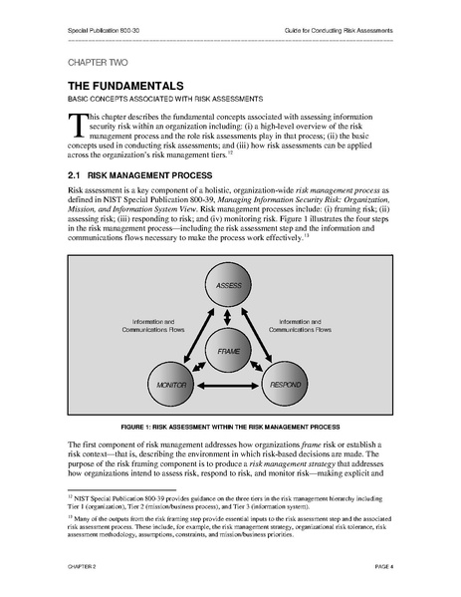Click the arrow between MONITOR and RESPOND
229,384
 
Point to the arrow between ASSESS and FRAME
229,318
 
